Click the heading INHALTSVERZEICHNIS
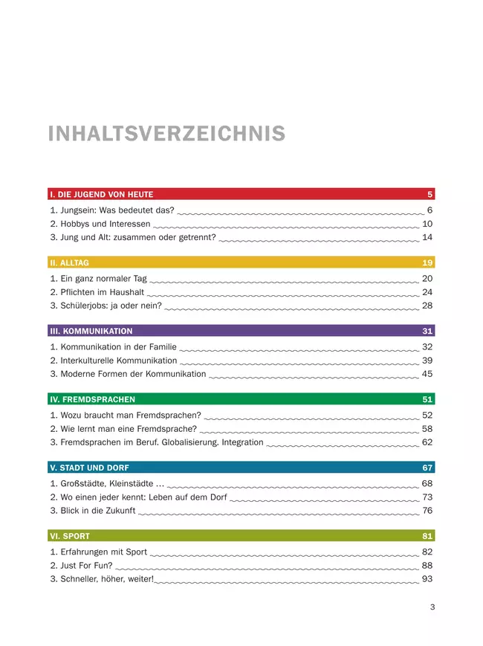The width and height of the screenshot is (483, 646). coord(166,134)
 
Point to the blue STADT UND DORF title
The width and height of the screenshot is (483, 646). coord(88,468)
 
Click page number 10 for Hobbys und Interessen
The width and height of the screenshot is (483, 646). coord(427,224)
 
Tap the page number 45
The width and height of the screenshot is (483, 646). coord(427,374)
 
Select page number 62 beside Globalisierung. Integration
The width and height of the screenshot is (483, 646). coord(427,442)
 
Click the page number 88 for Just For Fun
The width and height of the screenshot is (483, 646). coord(427,566)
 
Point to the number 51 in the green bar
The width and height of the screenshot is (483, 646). coord(427,400)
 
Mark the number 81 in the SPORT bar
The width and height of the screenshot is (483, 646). coord(427,537)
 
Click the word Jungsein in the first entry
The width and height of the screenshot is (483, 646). coord(78,210)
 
